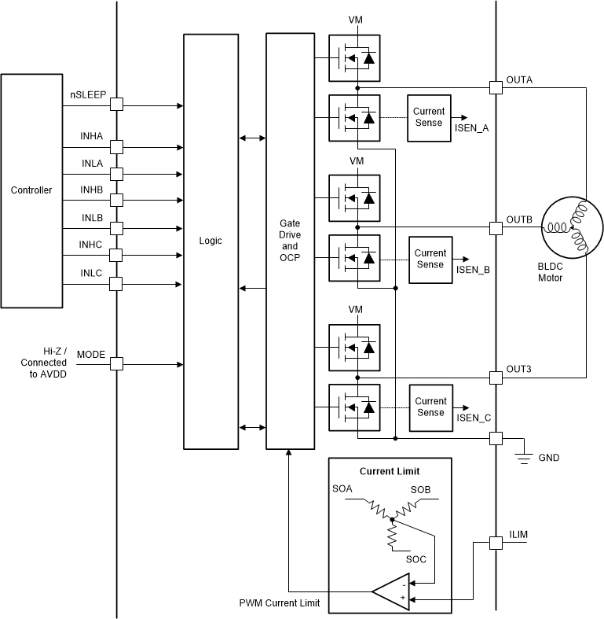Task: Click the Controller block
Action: pyautogui.click(x=31, y=190)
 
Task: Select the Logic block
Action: pyautogui.click(x=210, y=241)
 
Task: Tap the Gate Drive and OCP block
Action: pyautogui.click(x=290, y=241)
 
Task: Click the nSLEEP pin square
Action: pyautogui.click(x=116, y=104)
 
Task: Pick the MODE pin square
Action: pyautogui.click(x=116, y=364)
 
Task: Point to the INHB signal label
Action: pyautogui.click(x=91, y=190)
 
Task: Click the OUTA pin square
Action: pyautogui.click(x=496, y=87)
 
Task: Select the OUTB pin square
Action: pyautogui.click(x=496, y=228)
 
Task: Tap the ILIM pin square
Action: pyautogui.click(x=496, y=543)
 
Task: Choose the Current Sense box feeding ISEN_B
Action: pyautogui.click(x=430, y=259)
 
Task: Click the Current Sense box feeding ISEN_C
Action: pyautogui.click(x=430, y=407)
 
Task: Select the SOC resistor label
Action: pyautogui.click(x=415, y=559)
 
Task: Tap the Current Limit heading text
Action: pyautogui.click(x=390, y=471)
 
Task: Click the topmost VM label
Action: pyautogui.click(x=357, y=20)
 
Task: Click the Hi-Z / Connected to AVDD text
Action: pyautogui.click(x=44, y=363)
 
